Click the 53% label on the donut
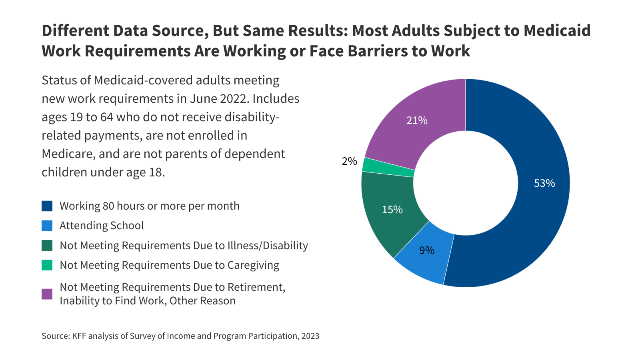tap(544, 183)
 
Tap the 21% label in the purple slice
tap(417, 120)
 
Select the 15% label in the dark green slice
tap(392, 210)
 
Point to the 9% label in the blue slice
tap(427, 250)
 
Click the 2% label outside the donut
tap(349, 161)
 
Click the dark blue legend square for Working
tap(47, 206)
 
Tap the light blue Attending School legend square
tap(47, 226)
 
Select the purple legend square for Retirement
tap(47, 294)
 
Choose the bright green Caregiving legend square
tap(47, 265)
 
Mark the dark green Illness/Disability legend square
tap(47, 246)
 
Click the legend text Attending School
tap(102, 226)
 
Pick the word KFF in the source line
tap(79, 336)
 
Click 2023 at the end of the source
tap(310, 336)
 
